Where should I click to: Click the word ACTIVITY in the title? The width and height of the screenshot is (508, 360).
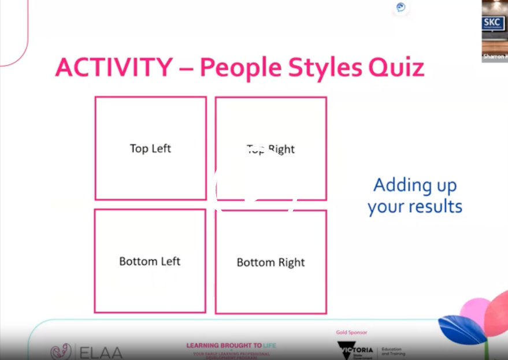pyautogui.click(x=113, y=68)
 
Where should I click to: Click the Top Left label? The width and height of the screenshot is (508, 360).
pyautogui.click(x=150, y=149)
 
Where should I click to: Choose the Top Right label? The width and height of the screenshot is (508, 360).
pyautogui.click(x=270, y=149)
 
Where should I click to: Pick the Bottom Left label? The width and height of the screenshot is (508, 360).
pyautogui.click(x=150, y=261)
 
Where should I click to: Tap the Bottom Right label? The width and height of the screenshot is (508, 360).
pyautogui.click(x=270, y=262)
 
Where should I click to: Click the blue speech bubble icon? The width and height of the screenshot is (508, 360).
pyautogui.click(x=401, y=8)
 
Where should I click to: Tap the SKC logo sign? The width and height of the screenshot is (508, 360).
pyautogui.click(x=491, y=23)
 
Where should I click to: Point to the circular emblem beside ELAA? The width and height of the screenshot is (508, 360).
pyautogui.click(x=61, y=352)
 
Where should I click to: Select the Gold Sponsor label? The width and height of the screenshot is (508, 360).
pyautogui.click(x=351, y=332)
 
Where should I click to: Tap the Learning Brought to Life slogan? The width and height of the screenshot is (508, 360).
pyautogui.click(x=231, y=346)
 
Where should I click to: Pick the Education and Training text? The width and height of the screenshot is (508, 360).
pyautogui.click(x=393, y=351)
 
